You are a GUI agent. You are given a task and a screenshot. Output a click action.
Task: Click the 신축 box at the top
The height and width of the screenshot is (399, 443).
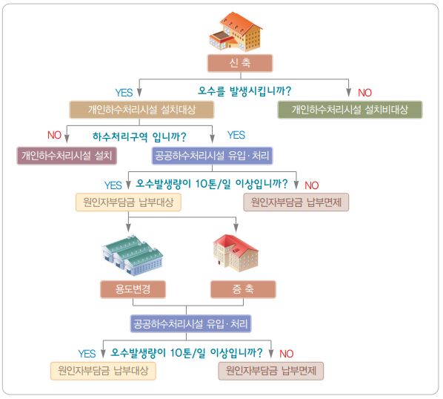tap(240, 63)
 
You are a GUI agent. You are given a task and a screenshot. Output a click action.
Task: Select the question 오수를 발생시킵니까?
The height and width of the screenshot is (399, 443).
tap(244, 91)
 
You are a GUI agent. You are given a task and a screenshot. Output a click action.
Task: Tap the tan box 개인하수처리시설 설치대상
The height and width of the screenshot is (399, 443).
tap(141, 110)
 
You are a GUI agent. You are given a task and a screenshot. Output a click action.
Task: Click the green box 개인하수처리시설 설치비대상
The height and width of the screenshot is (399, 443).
tap(350, 110)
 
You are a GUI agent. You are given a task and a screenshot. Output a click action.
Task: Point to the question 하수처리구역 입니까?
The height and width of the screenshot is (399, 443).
tap(139, 137)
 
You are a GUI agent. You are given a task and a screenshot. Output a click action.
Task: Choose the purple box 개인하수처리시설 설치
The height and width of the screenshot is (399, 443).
tap(67, 156)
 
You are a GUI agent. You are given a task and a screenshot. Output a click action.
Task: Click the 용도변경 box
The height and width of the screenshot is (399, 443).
tap(133, 289)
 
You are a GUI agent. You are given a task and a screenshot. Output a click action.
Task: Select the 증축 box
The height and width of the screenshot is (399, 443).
tap(243, 289)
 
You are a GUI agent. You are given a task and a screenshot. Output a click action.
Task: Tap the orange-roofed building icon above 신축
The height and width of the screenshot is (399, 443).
tap(236, 31)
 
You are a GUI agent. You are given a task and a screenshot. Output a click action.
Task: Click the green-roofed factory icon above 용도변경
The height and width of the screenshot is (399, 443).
tap(133, 255)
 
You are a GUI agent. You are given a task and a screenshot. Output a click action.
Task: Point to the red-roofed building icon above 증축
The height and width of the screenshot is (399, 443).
tap(236, 253)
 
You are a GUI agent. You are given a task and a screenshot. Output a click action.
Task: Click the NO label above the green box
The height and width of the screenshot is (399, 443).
tap(364, 93)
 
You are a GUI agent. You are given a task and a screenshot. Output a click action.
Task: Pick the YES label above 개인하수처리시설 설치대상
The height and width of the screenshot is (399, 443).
tap(124, 93)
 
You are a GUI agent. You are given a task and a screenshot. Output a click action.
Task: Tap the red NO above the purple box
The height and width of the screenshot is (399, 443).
tap(54, 135)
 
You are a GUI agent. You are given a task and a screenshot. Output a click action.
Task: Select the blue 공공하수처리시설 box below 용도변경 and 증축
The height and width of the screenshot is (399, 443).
tap(190, 324)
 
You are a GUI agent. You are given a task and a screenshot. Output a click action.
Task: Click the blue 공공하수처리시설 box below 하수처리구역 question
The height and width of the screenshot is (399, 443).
tap(212, 156)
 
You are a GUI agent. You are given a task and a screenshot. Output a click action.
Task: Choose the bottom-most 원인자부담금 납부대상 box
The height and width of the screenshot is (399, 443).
tap(103, 371)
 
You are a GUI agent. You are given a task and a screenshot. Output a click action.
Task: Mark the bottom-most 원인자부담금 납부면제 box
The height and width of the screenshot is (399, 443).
tap(271, 371)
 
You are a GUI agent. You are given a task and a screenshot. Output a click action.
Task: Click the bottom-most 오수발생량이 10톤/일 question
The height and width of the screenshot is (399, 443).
tap(187, 352)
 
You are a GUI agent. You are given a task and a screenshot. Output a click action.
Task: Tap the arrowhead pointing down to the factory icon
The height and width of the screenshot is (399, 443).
tap(128, 228)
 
